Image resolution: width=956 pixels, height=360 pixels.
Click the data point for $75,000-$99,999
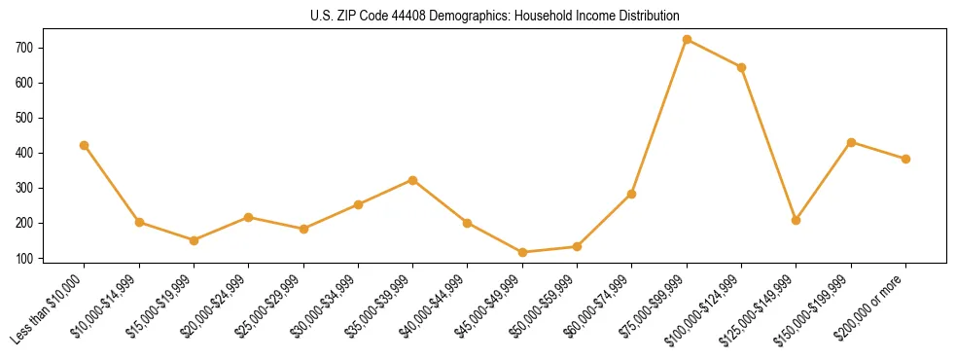tap(687, 40)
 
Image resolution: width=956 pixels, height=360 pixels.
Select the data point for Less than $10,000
tap(85, 145)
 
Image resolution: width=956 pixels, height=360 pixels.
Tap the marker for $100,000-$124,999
tap(741, 67)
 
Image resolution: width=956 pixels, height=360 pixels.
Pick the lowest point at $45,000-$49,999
tap(522, 252)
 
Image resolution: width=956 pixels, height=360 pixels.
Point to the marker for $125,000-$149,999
tap(796, 220)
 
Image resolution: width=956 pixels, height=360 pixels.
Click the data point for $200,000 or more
tap(905, 159)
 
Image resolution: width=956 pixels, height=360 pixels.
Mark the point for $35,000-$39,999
tap(412, 180)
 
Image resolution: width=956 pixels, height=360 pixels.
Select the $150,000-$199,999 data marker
tap(851, 142)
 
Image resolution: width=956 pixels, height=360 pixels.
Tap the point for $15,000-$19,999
tap(194, 240)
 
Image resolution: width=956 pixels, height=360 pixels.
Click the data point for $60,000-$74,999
tap(631, 194)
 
